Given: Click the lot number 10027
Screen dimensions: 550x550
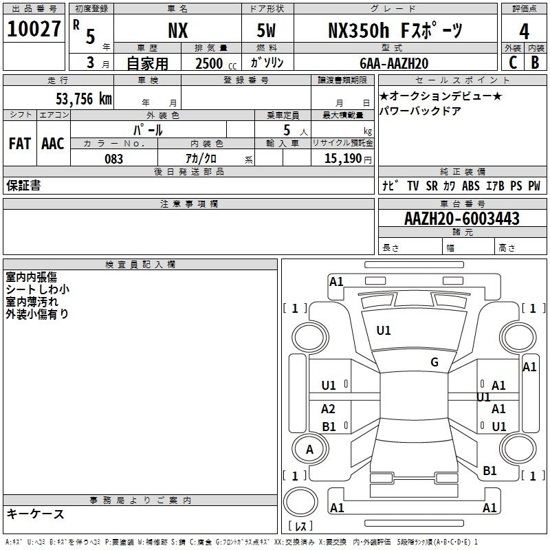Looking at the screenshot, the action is pyautogui.click(x=34, y=29).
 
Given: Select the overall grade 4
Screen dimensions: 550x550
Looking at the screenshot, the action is pyautogui.click(x=524, y=32).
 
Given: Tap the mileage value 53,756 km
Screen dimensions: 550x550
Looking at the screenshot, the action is pyautogui.click(x=84, y=99).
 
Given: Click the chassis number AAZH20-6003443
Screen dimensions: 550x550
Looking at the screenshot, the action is pyautogui.click(x=462, y=219).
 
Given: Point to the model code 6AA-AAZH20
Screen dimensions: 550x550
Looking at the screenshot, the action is pyautogui.click(x=394, y=63).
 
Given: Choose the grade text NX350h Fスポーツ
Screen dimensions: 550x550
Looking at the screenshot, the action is pyautogui.click(x=395, y=30).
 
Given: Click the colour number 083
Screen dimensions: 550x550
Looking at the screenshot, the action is pyautogui.click(x=114, y=159).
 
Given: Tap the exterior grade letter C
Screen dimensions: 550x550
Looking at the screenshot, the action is pyautogui.click(x=513, y=63).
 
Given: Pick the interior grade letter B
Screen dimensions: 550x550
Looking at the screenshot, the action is pyautogui.click(x=535, y=63).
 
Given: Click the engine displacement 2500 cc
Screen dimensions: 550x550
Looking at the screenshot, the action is pyautogui.click(x=216, y=64).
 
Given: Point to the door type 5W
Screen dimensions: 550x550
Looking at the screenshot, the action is pyautogui.click(x=266, y=30).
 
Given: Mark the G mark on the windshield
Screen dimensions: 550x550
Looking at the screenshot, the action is pyautogui.click(x=434, y=362).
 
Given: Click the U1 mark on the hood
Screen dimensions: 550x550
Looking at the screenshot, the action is pyautogui.click(x=384, y=331).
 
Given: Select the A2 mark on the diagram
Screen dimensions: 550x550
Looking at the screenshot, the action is pyautogui.click(x=328, y=408).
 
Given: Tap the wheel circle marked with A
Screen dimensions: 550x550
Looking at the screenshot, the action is pyautogui.click(x=310, y=449).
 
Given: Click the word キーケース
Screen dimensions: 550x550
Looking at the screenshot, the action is pyautogui.click(x=36, y=514).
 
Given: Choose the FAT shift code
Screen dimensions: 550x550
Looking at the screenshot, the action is pyautogui.click(x=20, y=144).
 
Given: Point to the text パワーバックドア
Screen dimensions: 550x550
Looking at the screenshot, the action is pyautogui.click(x=420, y=111).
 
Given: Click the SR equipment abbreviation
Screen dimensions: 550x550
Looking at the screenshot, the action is pyautogui.click(x=432, y=186).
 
